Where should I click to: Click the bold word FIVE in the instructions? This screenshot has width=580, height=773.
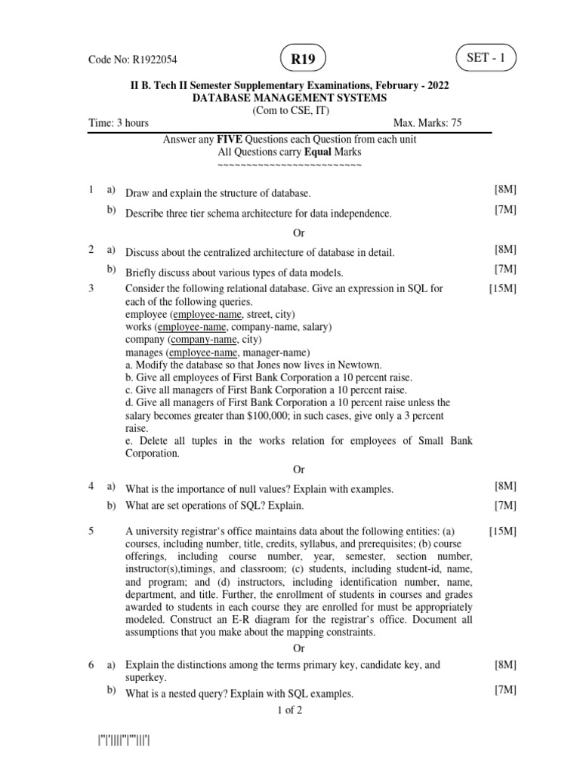[230, 140]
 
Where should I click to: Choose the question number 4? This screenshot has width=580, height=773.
[91, 487]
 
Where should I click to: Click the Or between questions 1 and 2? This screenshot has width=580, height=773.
[298, 233]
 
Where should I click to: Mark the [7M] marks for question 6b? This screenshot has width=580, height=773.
[505, 691]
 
